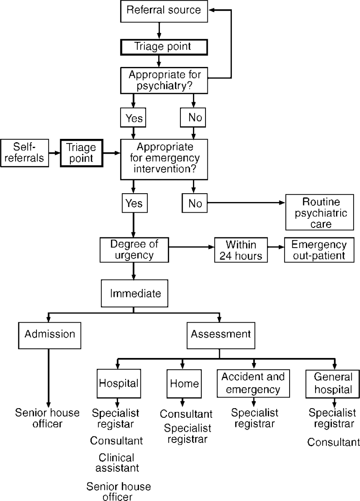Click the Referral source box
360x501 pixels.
164,11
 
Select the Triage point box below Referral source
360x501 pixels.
164,47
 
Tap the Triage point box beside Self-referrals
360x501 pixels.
81,153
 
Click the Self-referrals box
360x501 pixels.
25,153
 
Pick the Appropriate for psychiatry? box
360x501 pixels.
164,80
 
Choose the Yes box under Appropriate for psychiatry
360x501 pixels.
134,118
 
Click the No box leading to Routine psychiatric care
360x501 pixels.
195,204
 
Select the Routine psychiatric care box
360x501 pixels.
320,213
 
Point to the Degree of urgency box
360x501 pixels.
134,250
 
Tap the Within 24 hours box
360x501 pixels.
241,250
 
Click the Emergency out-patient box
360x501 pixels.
319,250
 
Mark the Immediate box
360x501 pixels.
134,293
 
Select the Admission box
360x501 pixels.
49,334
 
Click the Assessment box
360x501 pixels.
221,334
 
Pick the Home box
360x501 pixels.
184,383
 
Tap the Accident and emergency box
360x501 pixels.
253,383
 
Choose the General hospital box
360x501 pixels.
333,383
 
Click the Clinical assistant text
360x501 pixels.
117,463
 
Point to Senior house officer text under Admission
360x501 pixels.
47,418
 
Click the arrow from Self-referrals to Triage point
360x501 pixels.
54,153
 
